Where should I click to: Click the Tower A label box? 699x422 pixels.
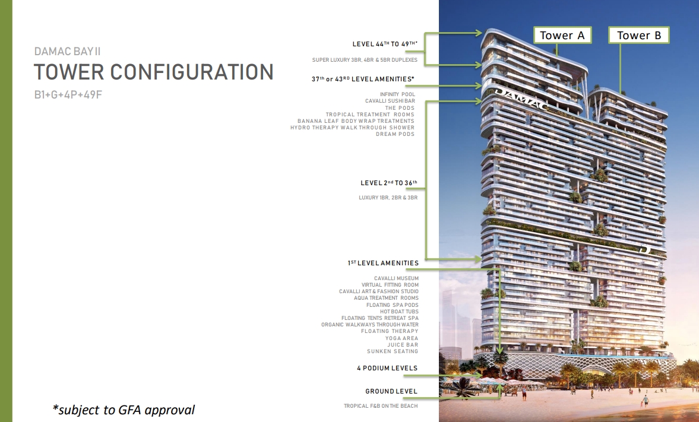point(562,35)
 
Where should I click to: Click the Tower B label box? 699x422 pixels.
point(639,35)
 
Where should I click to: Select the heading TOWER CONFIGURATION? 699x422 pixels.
point(154,72)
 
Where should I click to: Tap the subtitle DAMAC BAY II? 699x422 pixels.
point(67,51)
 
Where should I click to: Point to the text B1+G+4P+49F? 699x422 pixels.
point(68,94)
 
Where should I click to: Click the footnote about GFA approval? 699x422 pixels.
point(124,410)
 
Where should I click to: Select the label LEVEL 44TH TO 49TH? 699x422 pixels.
point(385,44)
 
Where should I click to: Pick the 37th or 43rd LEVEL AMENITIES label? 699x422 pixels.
point(363,79)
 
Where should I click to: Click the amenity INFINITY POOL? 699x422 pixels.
point(397,94)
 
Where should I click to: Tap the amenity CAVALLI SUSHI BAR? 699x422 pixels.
point(390,101)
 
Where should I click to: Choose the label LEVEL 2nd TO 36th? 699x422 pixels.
point(389,183)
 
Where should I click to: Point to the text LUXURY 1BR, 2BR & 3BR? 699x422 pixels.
point(388,198)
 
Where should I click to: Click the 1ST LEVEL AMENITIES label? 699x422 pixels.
point(384,263)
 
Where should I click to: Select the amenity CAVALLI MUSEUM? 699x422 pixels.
point(396,278)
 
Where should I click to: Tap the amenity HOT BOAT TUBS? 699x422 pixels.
point(400,312)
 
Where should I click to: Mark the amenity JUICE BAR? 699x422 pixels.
point(403,345)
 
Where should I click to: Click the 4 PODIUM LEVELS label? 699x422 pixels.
point(387,368)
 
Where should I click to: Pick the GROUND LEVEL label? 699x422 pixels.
point(391,391)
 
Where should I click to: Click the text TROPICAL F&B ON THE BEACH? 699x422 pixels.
point(381,406)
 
